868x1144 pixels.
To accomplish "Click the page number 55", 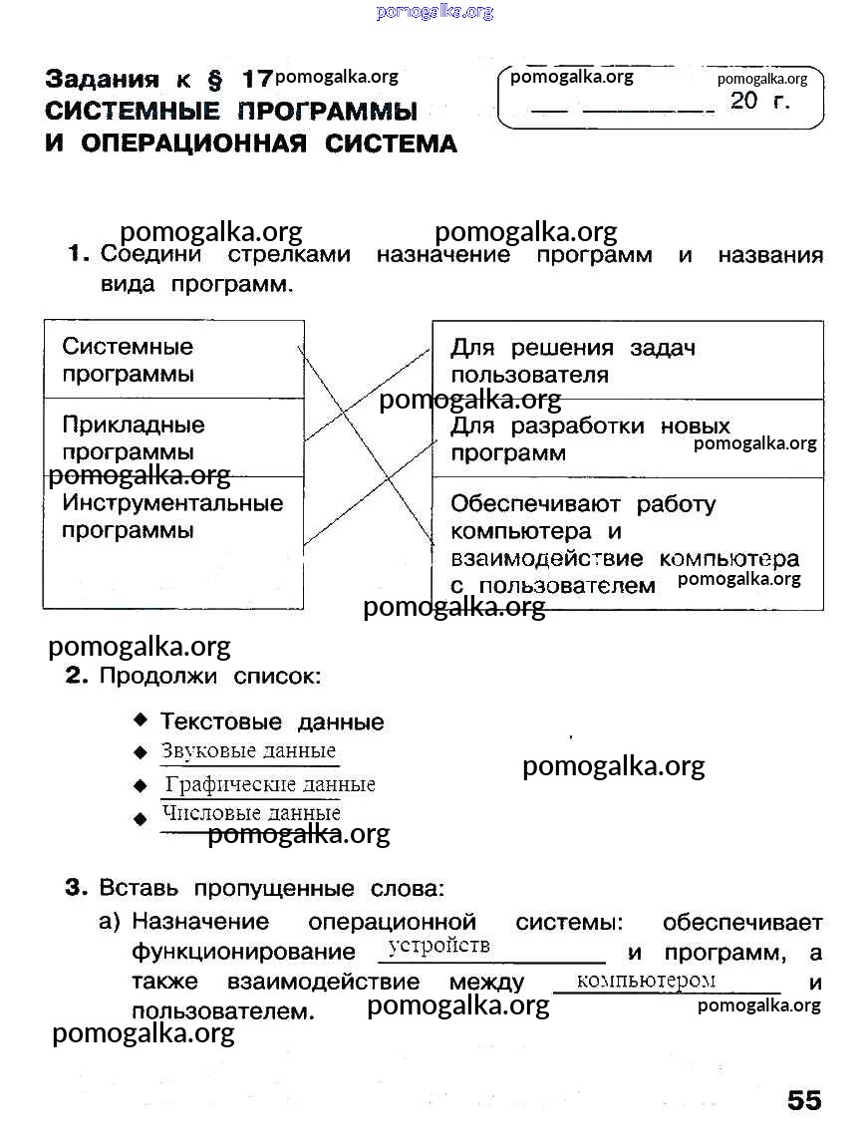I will pos(804,1100).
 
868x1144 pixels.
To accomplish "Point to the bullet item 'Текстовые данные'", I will pos(272,721).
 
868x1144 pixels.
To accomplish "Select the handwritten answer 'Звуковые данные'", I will pos(248,751).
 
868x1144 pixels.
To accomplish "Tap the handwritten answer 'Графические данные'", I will pos(270,784).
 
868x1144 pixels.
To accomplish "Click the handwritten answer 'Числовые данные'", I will pos(251,813).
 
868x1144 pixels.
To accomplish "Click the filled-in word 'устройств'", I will pos(439,945).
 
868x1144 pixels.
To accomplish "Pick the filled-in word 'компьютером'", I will pos(646,980).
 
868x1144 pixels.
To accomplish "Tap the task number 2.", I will pos(77,677).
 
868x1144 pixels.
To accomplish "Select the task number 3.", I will pos(77,887).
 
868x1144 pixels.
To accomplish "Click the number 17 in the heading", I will pos(255,79).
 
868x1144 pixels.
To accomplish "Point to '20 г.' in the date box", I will pos(760,101).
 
